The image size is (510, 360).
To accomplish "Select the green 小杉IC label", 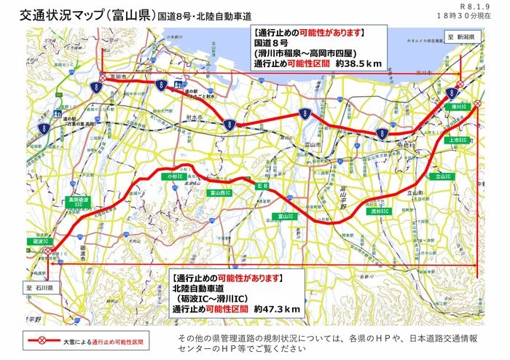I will point(174,176).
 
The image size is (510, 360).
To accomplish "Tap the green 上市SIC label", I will point(460,139).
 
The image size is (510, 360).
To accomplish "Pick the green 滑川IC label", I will point(458,107).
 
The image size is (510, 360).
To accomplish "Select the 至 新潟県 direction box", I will point(460,36).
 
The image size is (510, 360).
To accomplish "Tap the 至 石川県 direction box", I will point(36,288).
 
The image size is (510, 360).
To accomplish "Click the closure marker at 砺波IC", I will point(46,251).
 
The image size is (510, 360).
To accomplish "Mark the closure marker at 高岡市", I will point(103,76).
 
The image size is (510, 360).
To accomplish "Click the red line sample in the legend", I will point(42,340).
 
